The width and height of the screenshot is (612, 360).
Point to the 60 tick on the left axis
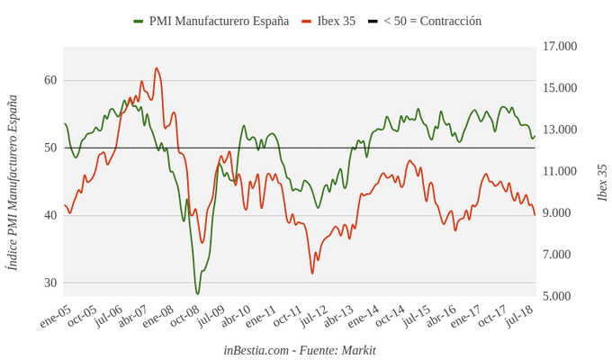[50, 80]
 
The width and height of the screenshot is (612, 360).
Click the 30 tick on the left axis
[50, 283]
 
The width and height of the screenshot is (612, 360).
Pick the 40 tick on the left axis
[50, 215]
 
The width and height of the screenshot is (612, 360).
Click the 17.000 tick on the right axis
[560, 46]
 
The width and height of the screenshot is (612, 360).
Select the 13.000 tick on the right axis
[560, 130]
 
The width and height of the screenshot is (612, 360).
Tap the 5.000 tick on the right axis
[558, 296]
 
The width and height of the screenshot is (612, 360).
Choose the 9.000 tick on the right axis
[558, 213]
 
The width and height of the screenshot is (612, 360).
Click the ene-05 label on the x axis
[55, 317]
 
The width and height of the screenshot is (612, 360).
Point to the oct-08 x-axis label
[184, 317]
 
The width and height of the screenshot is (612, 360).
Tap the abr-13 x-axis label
[338, 317]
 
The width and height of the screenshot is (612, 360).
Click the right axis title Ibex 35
[602, 183]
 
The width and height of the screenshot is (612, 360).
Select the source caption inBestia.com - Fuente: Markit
[300, 349]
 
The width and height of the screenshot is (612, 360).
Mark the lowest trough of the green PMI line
[198, 293]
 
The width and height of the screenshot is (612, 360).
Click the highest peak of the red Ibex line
[157, 67]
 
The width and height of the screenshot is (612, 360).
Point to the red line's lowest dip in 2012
[313, 273]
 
